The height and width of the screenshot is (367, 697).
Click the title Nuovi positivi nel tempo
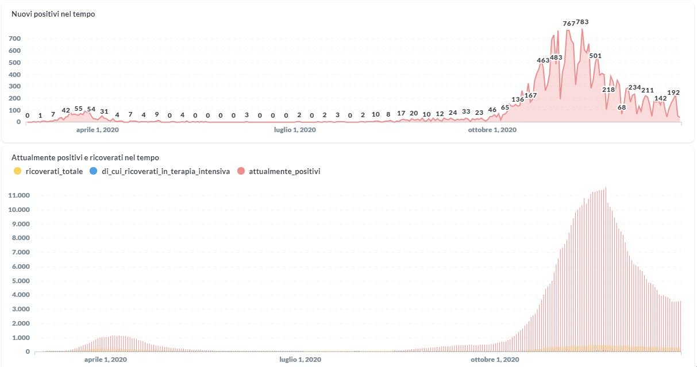coord(53,14)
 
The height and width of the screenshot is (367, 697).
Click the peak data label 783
coord(582,22)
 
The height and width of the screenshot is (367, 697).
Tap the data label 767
coord(568,24)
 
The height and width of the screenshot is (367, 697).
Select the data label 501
coord(595,56)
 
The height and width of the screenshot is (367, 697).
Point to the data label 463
coord(543,60)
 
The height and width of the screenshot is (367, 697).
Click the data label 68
coord(622,107)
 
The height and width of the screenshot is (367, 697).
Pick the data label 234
coord(634,87)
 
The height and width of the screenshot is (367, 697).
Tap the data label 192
coord(673,92)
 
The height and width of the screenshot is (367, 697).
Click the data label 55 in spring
coord(79,109)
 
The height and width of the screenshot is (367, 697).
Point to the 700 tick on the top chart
coord(15,38)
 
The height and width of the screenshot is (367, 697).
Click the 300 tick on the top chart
coord(15,86)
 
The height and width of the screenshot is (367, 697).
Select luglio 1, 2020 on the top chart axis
coord(294,130)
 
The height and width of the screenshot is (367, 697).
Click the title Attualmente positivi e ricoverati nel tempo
coord(85,157)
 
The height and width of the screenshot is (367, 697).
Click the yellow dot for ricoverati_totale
coord(17,171)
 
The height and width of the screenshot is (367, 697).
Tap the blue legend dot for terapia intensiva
coord(94,171)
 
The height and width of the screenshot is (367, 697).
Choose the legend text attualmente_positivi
coord(284,171)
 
